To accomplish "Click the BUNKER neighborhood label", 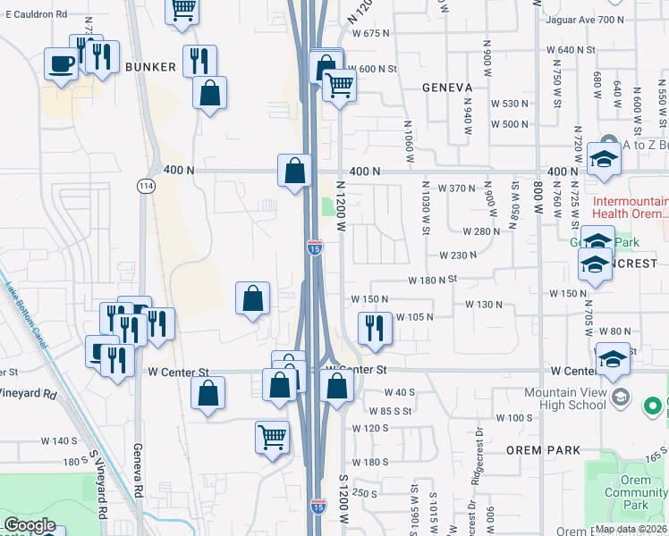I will (x=148, y=67).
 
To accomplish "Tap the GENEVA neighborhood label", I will (x=447, y=87).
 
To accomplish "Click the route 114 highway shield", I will (x=145, y=186).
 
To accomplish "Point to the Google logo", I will (x=30, y=525).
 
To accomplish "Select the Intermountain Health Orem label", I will (x=631, y=207).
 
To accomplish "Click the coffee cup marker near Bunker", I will (x=62, y=64).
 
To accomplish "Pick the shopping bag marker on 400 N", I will (x=294, y=168).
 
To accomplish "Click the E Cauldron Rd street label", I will (x=36, y=15).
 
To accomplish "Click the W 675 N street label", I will (x=371, y=33).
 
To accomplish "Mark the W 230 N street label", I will (x=458, y=255).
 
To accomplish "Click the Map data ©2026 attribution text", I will (x=631, y=529).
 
